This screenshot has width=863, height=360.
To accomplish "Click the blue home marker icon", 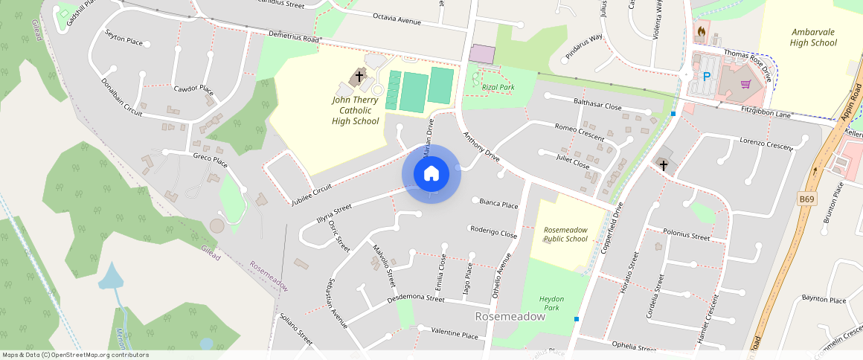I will click(x=431, y=174).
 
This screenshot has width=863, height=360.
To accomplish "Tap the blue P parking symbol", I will click(x=706, y=76).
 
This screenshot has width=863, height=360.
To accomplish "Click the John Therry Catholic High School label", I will click(x=356, y=110).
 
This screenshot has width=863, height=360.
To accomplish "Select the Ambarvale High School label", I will click(x=813, y=37).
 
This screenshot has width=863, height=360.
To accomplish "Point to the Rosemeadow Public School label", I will click(x=565, y=234).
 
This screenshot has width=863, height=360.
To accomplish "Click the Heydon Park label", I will click(x=551, y=303).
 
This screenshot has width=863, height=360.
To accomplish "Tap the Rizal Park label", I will click(x=498, y=87).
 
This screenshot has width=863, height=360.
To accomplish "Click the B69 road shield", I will click(x=807, y=199).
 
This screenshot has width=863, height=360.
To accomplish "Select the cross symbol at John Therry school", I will click(x=359, y=76).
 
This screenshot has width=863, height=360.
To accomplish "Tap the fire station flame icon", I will click(x=701, y=32).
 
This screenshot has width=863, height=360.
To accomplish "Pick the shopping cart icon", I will click(x=745, y=83).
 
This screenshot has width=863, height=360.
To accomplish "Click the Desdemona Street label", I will click(x=415, y=300).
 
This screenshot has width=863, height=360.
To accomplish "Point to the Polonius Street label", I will click(x=686, y=236).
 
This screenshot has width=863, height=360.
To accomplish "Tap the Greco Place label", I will click(x=210, y=158).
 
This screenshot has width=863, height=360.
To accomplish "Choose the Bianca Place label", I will click(x=498, y=203).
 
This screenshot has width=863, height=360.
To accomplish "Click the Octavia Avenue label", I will click(x=397, y=18).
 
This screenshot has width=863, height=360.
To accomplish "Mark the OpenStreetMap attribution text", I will click(x=76, y=355).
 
